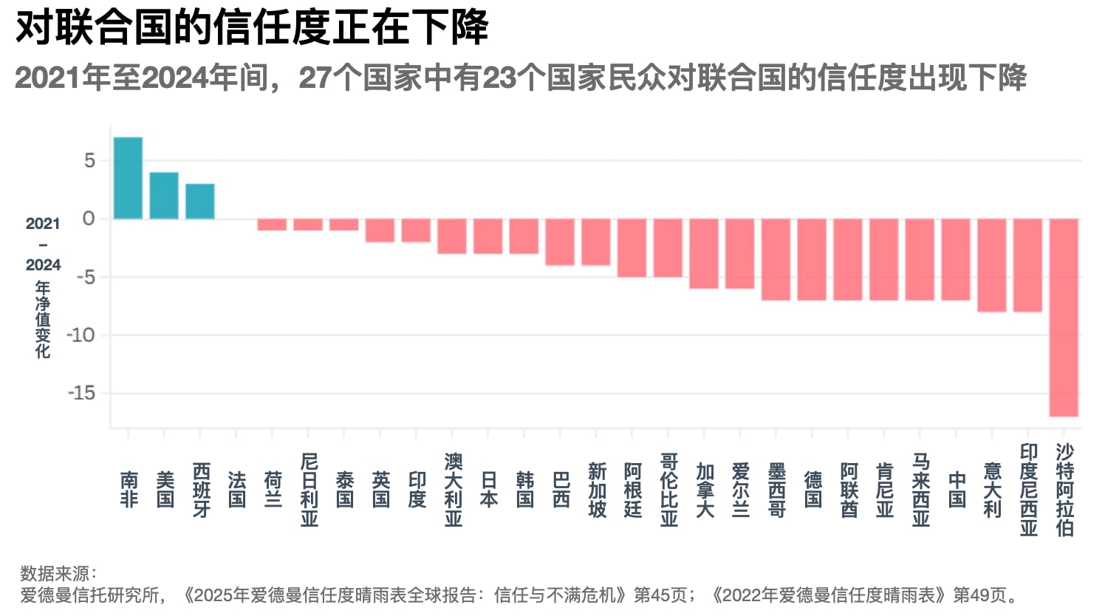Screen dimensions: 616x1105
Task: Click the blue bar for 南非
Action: (128, 178)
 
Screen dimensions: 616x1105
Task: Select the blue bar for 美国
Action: (164, 196)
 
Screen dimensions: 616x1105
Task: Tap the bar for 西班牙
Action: (200, 202)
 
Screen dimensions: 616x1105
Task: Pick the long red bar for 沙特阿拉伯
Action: (1064, 317)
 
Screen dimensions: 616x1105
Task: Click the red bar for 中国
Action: (956, 259)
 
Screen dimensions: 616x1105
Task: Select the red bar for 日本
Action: (488, 236)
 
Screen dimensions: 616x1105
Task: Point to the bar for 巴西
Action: (560, 242)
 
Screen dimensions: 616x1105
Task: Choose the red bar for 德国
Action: (812, 259)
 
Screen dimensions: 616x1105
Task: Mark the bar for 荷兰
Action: (272, 225)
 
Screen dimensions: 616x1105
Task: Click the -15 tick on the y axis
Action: (82, 393)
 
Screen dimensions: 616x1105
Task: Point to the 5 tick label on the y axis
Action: (89, 160)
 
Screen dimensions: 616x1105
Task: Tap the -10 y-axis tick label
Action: (81, 335)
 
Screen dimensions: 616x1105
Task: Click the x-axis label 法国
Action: (236, 490)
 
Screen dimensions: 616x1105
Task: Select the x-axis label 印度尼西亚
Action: (1028, 490)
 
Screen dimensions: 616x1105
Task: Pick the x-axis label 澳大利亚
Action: (453, 490)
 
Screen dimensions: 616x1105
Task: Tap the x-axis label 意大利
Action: (992, 490)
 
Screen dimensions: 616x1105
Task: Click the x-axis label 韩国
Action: (524, 490)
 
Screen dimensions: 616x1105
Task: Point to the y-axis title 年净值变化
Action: (43, 320)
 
